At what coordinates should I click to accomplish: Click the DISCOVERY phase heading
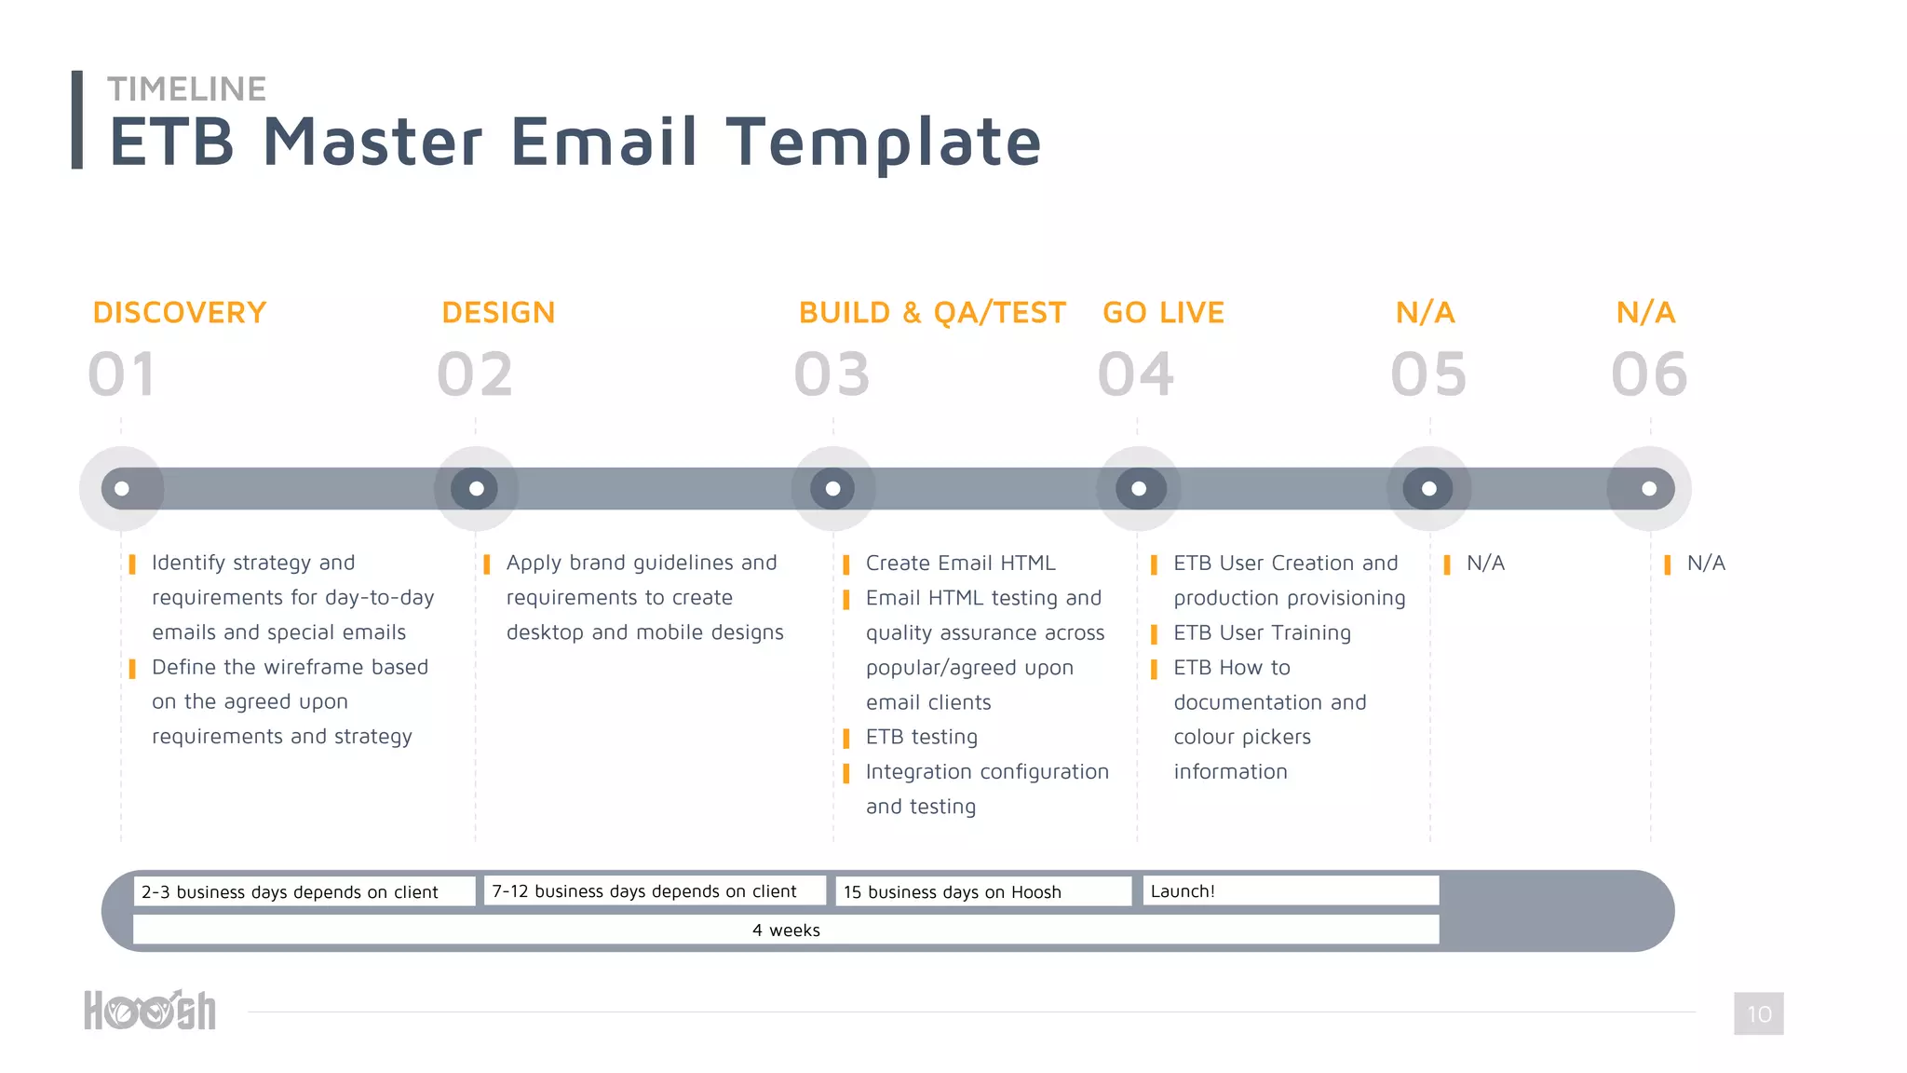pyautogui.click(x=180, y=313)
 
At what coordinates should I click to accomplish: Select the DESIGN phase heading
pyautogui.click(x=498, y=313)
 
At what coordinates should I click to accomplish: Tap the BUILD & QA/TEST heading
pyautogui.click(x=932, y=313)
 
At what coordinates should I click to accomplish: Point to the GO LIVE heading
pyautogui.click(x=1163, y=313)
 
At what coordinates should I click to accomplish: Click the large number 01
pyautogui.click(x=122, y=374)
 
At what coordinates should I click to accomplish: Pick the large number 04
pyautogui.click(x=1136, y=374)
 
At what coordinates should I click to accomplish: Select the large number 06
pyautogui.click(x=1649, y=374)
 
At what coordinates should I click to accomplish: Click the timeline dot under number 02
pyautogui.click(x=476, y=489)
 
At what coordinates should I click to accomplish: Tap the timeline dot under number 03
pyautogui.click(x=833, y=489)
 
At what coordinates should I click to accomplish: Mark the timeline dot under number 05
pyautogui.click(x=1429, y=489)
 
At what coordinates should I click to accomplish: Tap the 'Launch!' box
pyautogui.click(x=1291, y=890)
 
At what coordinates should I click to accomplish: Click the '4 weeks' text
pyautogui.click(x=786, y=930)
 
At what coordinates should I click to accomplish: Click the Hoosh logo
pyautogui.click(x=150, y=1011)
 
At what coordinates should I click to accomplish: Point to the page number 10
pyautogui.click(x=1758, y=1013)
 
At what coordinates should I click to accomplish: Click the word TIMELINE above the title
pyautogui.click(x=187, y=89)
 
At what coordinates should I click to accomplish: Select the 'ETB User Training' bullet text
pyautogui.click(x=1262, y=633)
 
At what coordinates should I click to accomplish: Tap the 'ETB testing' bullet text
pyautogui.click(x=922, y=738)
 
